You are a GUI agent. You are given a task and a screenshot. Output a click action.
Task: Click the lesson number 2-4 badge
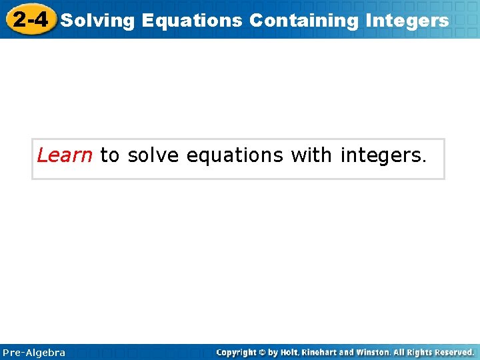30,19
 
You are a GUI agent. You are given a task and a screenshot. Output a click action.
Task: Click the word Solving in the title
97,21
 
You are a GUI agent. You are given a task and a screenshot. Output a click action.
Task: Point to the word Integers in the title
407,21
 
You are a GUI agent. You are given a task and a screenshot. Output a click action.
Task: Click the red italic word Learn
65,155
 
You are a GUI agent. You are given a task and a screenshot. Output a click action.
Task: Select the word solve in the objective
153,155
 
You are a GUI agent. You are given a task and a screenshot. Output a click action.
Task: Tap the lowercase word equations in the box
235,156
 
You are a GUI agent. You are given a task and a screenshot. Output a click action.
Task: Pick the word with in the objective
311,155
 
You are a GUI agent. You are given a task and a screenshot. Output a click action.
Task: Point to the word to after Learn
109,156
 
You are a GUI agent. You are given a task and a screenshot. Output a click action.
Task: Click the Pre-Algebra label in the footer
34,352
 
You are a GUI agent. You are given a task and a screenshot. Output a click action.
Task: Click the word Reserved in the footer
453,352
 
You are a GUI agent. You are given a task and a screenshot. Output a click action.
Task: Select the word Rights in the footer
419,352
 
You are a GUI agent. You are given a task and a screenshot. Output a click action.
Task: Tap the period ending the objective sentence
421,161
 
